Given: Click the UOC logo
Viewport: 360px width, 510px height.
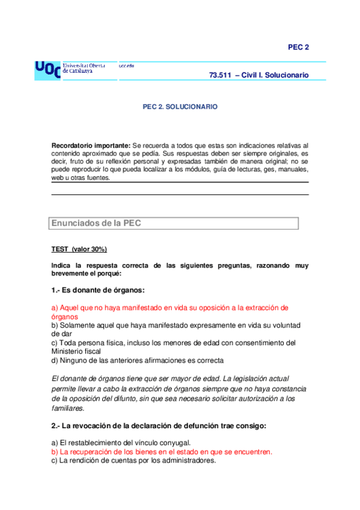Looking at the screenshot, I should click(47, 70).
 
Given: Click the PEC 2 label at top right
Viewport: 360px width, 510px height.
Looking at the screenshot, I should click(298, 48).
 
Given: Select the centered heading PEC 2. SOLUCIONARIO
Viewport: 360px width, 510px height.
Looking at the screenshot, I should click(180, 106).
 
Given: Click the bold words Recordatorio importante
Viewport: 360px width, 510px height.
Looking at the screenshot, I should click(91, 146).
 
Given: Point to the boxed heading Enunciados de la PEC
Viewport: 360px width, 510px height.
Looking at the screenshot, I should click(96, 223).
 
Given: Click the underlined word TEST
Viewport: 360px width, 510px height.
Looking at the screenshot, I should click(60, 249).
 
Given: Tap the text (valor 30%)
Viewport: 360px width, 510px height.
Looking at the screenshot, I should click(90, 249).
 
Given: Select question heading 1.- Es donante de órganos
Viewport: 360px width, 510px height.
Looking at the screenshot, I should click(98, 290).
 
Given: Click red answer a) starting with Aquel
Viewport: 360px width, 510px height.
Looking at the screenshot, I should click(170, 307).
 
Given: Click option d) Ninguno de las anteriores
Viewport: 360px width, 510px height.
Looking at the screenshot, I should click(138, 360).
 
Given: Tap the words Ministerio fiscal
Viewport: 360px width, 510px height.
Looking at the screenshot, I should click(78, 352).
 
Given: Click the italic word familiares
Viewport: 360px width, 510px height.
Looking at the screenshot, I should click(69, 408).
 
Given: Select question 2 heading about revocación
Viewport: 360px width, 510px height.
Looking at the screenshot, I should click(159, 426).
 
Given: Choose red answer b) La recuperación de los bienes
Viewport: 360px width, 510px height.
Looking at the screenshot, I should click(162, 452).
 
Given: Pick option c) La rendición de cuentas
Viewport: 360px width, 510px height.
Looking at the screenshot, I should click(133, 461).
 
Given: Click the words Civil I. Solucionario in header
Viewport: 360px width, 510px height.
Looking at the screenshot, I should click(275, 75).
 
